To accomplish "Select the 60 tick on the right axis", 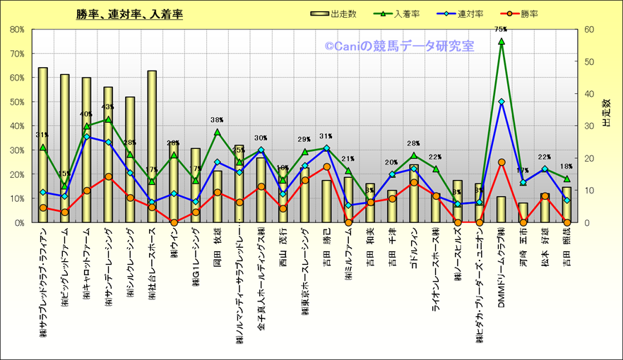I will pos(589,30).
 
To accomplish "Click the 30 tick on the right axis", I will pos(589,126).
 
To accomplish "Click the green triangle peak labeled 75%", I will pos(502,42).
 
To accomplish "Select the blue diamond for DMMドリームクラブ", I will pos(502,102).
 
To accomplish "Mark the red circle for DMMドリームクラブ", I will pos(502,162).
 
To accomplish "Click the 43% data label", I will pos(108,107).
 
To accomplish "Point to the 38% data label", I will pos(217,120).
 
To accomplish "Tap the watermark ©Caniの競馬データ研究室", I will pos(399,46).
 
